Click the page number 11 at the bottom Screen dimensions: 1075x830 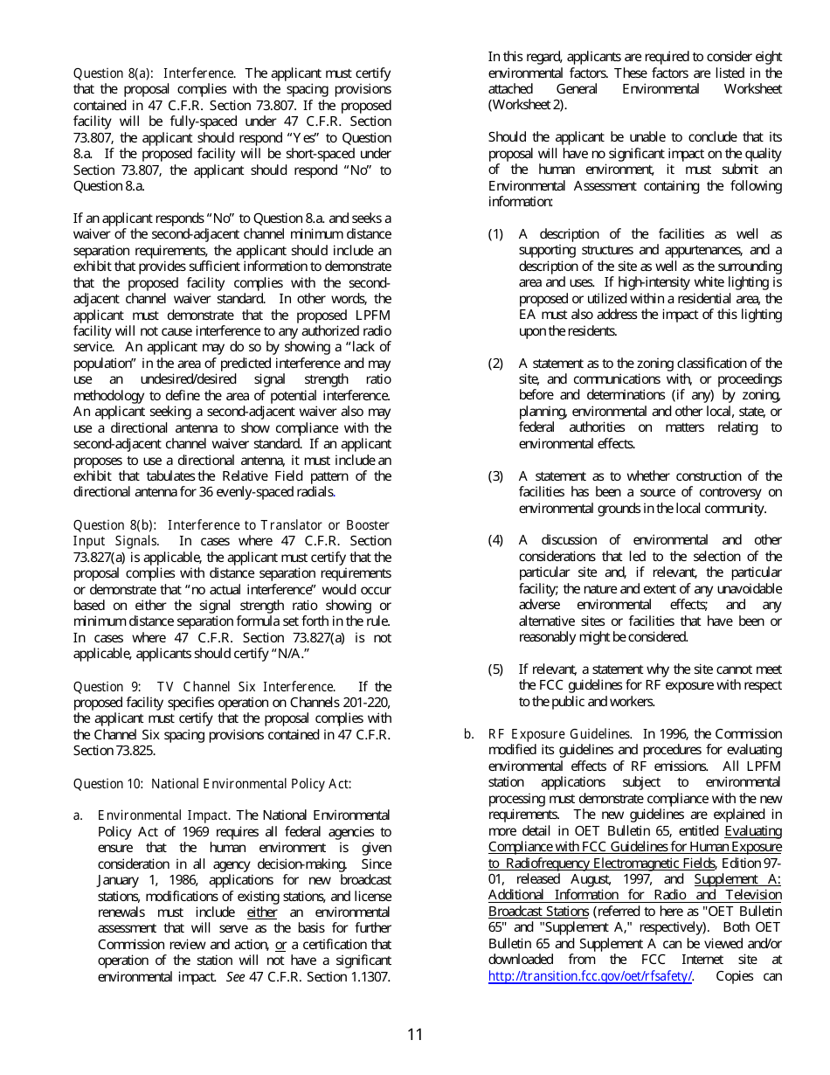414,1035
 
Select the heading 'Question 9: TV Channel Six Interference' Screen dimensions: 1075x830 204,687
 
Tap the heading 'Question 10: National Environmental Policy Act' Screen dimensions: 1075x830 211,784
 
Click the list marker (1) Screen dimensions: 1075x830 495,234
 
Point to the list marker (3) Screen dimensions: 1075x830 495,476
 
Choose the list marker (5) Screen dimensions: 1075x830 495,669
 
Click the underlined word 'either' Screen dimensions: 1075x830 262,912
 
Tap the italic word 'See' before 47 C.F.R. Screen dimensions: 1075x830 235,976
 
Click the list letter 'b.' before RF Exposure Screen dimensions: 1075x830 469,734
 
